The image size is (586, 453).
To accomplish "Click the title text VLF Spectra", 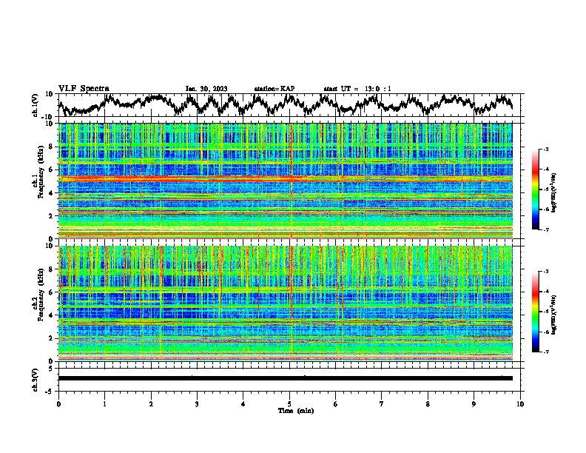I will [84, 88].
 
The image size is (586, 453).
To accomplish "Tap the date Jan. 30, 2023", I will [206, 89].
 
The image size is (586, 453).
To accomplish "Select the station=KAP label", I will [274, 89].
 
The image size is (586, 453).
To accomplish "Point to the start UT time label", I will [357, 89].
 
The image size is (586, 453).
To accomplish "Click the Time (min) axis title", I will [289, 410].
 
